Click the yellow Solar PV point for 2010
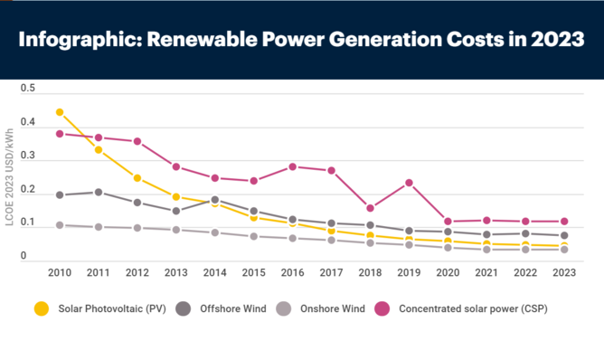(60, 112)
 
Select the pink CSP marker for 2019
(409, 183)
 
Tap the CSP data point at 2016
(292, 166)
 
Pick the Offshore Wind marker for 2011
(99, 192)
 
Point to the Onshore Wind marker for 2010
(60, 225)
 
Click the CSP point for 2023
(563, 221)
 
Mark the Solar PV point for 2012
(137, 178)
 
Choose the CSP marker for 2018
(370, 208)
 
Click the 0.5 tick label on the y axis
(27, 89)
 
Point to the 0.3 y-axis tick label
(27, 156)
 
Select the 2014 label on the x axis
(214, 271)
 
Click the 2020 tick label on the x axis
(447, 271)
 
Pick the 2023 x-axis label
(563, 271)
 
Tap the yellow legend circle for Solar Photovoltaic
(42, 308)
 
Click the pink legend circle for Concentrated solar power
(382, 308)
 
